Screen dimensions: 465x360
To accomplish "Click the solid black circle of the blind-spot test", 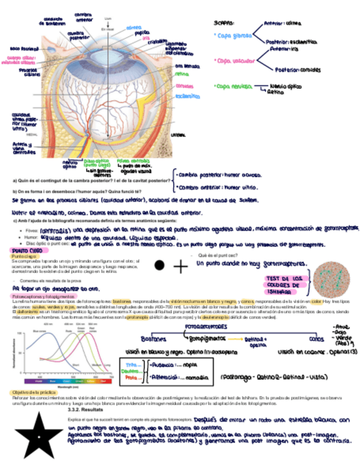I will point(159,265).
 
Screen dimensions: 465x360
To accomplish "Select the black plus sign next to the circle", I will point(180,266).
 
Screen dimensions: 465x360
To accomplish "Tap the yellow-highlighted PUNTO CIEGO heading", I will point(27,250).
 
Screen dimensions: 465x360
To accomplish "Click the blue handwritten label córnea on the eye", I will point(133,27).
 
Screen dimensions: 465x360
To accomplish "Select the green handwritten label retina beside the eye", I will point(182,74).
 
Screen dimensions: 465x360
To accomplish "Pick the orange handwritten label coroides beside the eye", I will point(184,86).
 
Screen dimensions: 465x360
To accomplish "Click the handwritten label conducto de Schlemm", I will point(54,21).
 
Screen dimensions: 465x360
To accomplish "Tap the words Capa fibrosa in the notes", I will point(233,35).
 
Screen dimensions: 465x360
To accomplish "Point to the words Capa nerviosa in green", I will point(234,86).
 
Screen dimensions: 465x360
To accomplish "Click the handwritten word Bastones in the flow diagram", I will point(153,338).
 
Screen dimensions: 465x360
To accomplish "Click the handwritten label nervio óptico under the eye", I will point(70,165).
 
